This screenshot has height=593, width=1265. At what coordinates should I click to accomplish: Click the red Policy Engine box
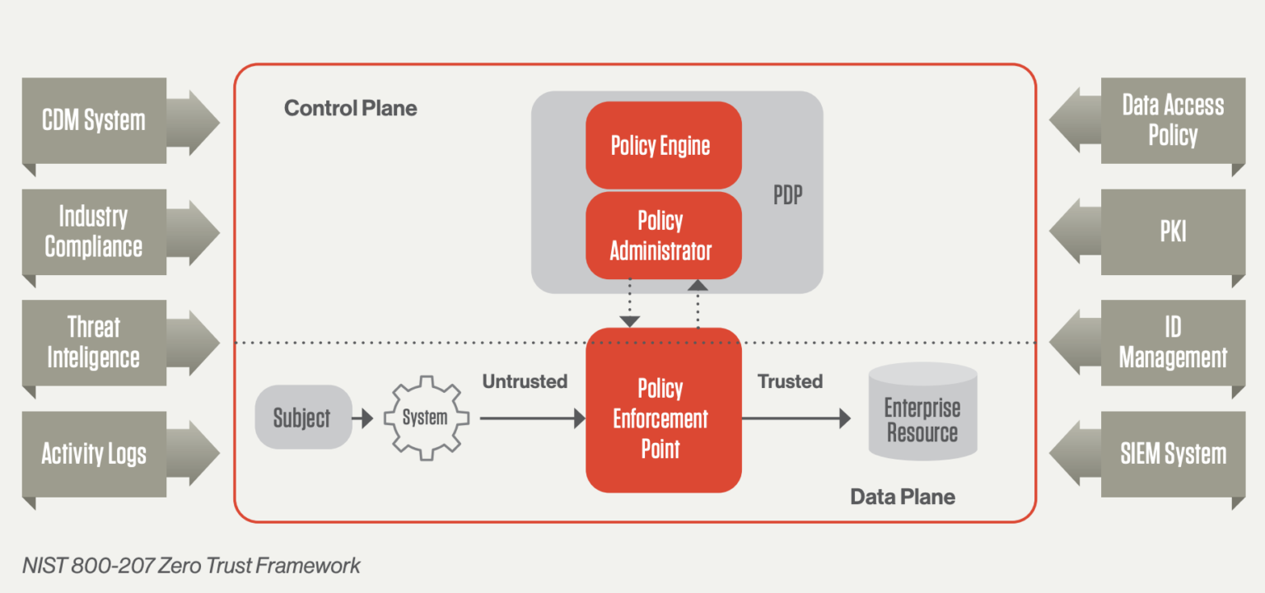[x=663, y=146]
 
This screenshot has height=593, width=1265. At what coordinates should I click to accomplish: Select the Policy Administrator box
[x=663, y=236]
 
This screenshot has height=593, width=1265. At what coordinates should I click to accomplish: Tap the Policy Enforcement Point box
[x=663, y=418]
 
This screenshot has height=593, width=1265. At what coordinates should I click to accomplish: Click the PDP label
[x=787, y=197]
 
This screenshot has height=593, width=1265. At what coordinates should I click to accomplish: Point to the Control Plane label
[x=350, y=108]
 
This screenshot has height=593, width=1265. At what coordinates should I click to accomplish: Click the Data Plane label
[x=902, y=497]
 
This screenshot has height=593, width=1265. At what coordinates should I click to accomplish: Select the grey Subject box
[x=302, y=418]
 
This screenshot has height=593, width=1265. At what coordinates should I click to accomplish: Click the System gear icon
[x=425, y=418]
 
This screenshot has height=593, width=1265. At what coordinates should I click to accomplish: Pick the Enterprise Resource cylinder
[x=922, y=412]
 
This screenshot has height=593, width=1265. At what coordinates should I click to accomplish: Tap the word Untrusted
[x=525, y=381]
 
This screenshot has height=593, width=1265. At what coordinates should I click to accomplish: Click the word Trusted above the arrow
[x=790, y=381]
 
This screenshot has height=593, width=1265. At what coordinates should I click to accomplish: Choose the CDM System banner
[x=94, y=121]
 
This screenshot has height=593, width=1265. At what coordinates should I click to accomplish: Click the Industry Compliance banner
[x=94, y=232]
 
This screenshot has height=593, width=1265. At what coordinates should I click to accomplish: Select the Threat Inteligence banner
[x=94, y=343]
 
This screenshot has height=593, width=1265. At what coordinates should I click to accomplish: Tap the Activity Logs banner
[x=94, y=454]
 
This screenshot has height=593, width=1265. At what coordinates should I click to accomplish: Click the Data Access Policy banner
[x=1173, y=121]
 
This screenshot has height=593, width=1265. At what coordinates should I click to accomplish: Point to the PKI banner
[x=1173, y=232]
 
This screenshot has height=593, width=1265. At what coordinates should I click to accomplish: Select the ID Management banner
[x=1173, y=343]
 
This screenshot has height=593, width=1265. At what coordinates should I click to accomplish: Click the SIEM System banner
[x=1173, y=454]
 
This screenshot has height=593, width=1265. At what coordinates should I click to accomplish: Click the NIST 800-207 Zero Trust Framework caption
[x=191, y=566]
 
